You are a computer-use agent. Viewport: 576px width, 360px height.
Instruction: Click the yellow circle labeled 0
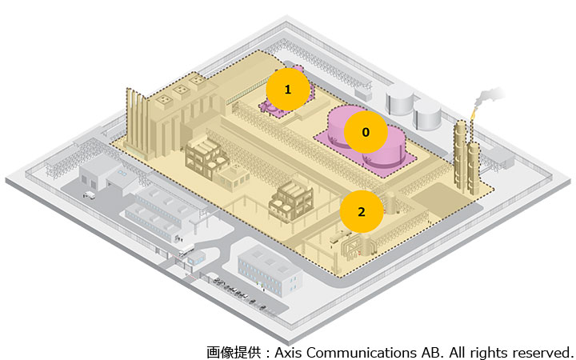point(366,133)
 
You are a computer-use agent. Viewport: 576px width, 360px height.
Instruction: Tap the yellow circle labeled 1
point(287,90)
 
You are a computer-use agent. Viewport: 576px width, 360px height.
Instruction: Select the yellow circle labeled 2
point(361,212)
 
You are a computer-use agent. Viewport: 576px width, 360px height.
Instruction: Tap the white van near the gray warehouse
point(89,194)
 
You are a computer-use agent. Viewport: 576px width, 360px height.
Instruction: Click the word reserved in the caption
point(543,351)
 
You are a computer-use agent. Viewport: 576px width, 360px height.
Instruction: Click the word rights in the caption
point(491,351)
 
